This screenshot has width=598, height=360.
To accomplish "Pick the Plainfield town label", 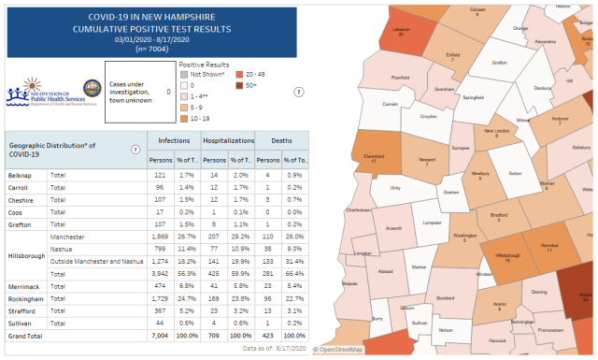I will [x=400, y=79].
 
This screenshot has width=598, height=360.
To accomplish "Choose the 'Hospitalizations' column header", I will [x=229, y=140].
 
